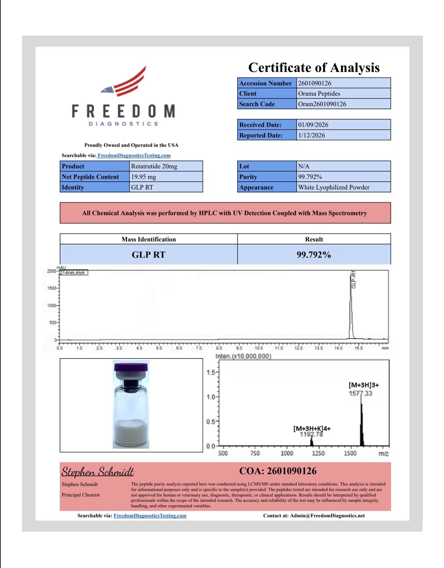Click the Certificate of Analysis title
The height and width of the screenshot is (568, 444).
[314, 68]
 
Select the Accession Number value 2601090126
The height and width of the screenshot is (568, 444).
[314, 83]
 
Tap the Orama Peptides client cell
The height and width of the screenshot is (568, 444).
[319, 93]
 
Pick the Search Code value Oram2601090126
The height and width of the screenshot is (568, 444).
[322, 104]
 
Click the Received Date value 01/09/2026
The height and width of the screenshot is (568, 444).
[313, 125]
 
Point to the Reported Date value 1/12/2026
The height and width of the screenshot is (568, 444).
[311, 135]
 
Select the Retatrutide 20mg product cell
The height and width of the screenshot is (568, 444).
[154, 166]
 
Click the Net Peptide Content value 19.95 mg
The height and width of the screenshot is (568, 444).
[143, 177]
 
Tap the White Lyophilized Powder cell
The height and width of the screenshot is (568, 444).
[334, 187]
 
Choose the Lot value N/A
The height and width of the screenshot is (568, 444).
[303, 166]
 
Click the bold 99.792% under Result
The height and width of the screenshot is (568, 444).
[314, 255]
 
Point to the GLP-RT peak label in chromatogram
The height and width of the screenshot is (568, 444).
[354, 280]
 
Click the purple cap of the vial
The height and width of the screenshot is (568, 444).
[131, 367]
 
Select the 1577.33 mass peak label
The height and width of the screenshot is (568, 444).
[360, 393]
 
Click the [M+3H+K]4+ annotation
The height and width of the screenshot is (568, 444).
[312, 428]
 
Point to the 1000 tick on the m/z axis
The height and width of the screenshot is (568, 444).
[287, 453]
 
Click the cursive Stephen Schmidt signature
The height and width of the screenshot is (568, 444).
[97, 471]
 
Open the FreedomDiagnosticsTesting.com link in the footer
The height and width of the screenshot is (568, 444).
[150, 516]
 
